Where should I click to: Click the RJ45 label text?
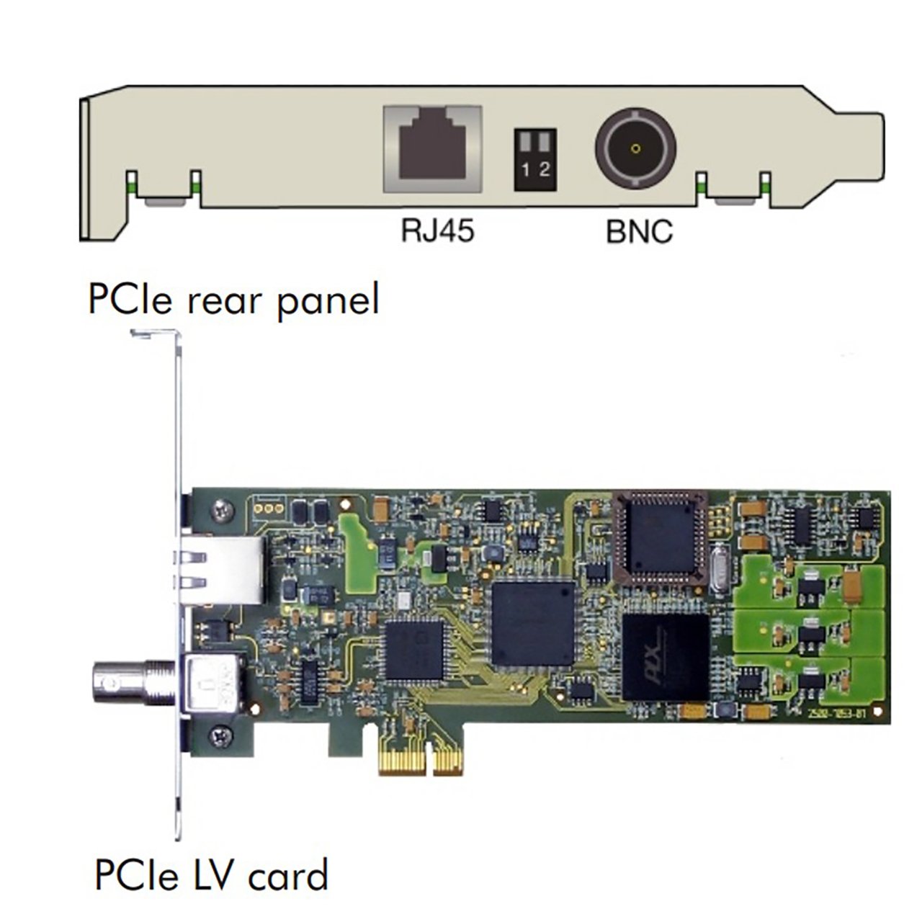click(x=438, y=232)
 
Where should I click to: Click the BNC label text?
click(x=639, y=232)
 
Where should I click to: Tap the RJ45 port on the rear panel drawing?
click(x=432, y=149)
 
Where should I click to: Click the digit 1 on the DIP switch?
click(x=527, y=170)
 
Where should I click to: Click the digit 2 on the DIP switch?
click(x=544, y=170)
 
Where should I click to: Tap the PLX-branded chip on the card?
click(x=665, y=656)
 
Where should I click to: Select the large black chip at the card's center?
click(x=532, y=624)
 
